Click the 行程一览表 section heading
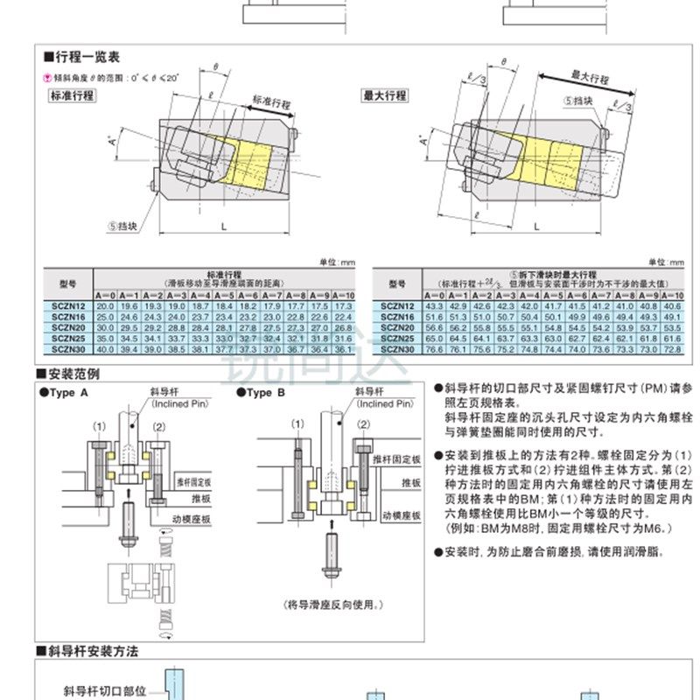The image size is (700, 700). point(87,57)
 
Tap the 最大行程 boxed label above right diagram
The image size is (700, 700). point(385,95)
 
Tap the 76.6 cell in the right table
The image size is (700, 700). point(433,347)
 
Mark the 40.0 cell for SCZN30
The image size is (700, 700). point(105,347)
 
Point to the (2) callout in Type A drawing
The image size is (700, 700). point(158,427)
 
